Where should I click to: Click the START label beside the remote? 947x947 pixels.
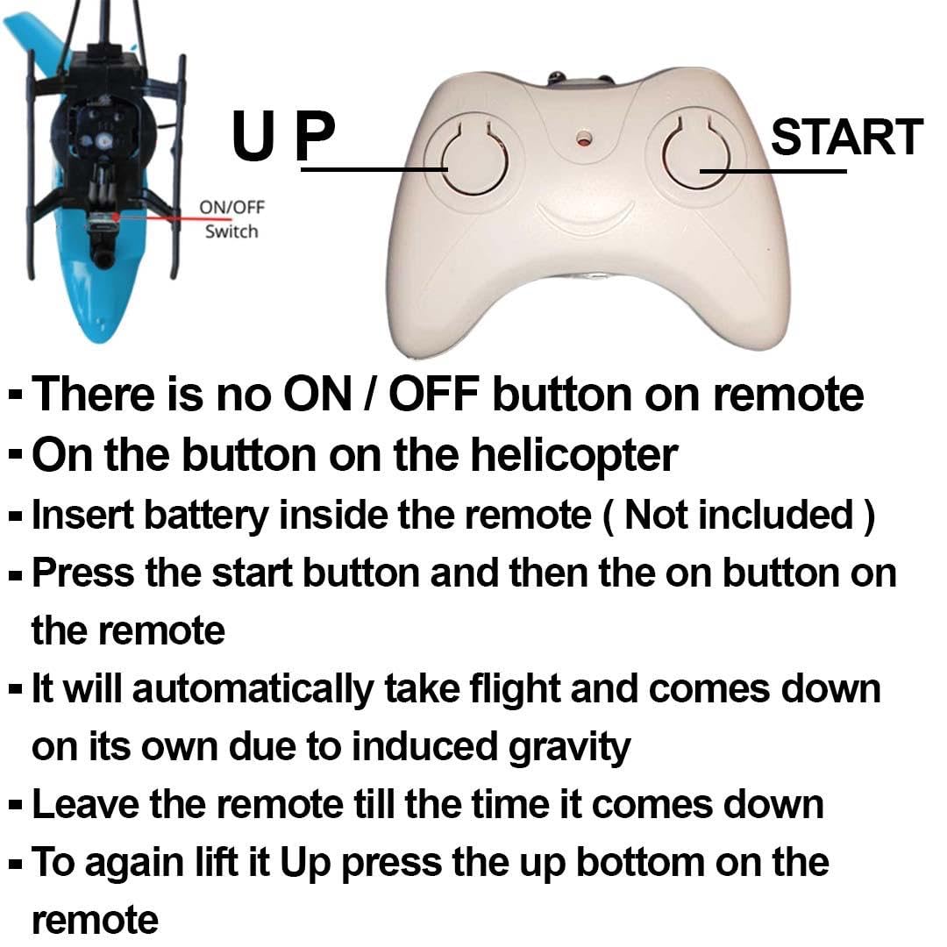[x=847, y=137]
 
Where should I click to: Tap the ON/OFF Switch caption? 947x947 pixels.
[x=231, y=219]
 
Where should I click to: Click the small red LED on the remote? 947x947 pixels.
[x=583, y=140]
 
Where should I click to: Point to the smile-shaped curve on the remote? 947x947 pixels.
[x=585, y=217]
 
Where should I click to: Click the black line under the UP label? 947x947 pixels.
[x=374, y=170]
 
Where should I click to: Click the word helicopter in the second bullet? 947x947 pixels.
[x=574, y=456]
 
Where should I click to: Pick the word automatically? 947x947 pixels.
[x=253, y=690]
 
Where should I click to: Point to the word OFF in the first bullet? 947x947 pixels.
[x=434, y=394]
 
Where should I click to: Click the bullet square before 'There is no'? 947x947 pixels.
[x=17, y=395]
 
